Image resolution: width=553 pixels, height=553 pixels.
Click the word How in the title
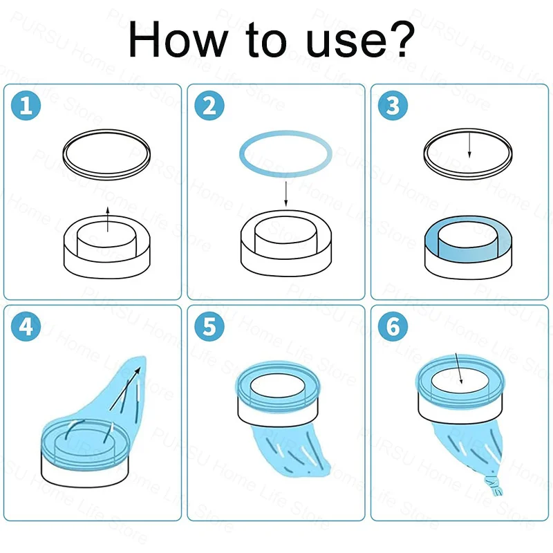coord(177,39)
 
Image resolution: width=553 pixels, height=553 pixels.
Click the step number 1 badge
coord(26,105)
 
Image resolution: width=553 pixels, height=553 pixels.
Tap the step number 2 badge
coord(209,105)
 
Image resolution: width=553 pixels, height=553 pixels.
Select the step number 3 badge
coord(393,105)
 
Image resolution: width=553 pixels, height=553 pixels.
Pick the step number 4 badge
coord(26,326)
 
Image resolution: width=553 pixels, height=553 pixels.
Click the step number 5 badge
coord(209,326)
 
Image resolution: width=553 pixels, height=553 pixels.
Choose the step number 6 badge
coord(393,326)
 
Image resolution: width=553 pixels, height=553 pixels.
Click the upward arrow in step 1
coord(108,219)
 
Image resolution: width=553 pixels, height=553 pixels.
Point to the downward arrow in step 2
coord(286,194)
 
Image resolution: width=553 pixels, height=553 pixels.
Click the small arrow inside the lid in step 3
coord(469,145)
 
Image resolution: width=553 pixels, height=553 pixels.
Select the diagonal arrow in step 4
coord(125,388)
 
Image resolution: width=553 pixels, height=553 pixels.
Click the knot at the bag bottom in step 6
coord(494,486)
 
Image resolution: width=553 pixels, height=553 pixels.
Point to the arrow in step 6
coord(459,368)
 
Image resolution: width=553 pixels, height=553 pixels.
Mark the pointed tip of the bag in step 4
coord(143,357)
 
